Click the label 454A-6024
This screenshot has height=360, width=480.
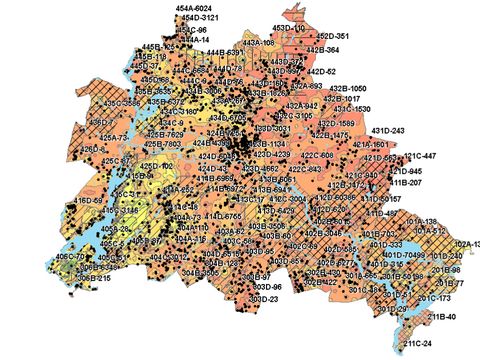196,8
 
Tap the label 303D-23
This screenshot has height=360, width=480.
263,299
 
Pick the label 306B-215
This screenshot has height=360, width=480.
92,279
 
